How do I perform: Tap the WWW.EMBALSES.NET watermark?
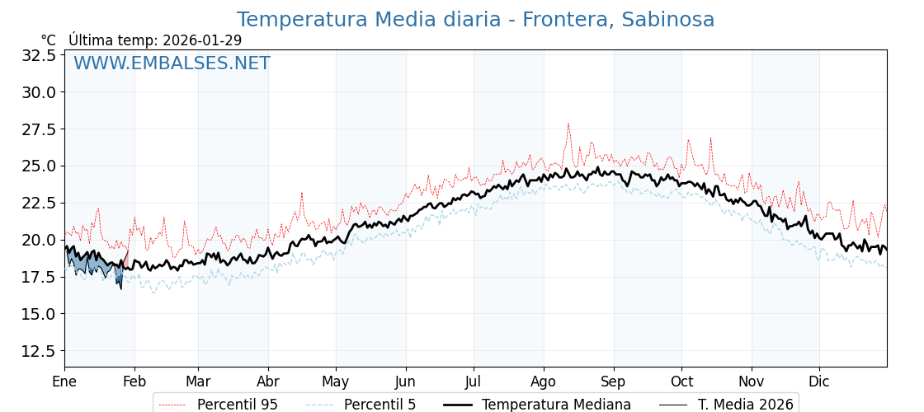pos(172,63)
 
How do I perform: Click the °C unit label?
pos(49,40)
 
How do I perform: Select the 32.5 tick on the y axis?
pos(38,55)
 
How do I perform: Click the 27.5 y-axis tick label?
pos(38,129)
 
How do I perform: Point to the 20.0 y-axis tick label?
pos(38,240)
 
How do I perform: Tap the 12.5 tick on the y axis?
pos(38,351)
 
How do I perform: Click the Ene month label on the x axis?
pos(64,382)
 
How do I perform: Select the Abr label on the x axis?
pos(268,382)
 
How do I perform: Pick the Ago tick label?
pos(544,382)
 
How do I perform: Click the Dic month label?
pos(819,382)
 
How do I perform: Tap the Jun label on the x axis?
pos(405,382)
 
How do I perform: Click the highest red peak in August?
pos(568,124)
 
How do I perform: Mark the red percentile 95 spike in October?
pos(688,140)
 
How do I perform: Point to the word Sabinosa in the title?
pos(668,20)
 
